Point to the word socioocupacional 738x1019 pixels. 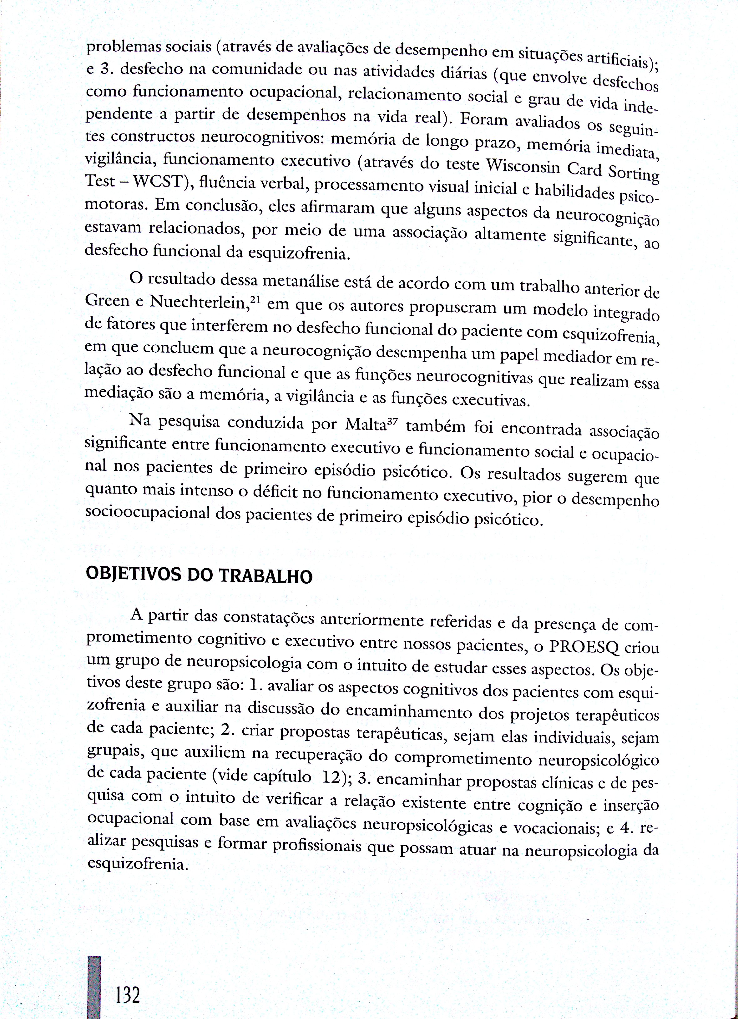[147, 513]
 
